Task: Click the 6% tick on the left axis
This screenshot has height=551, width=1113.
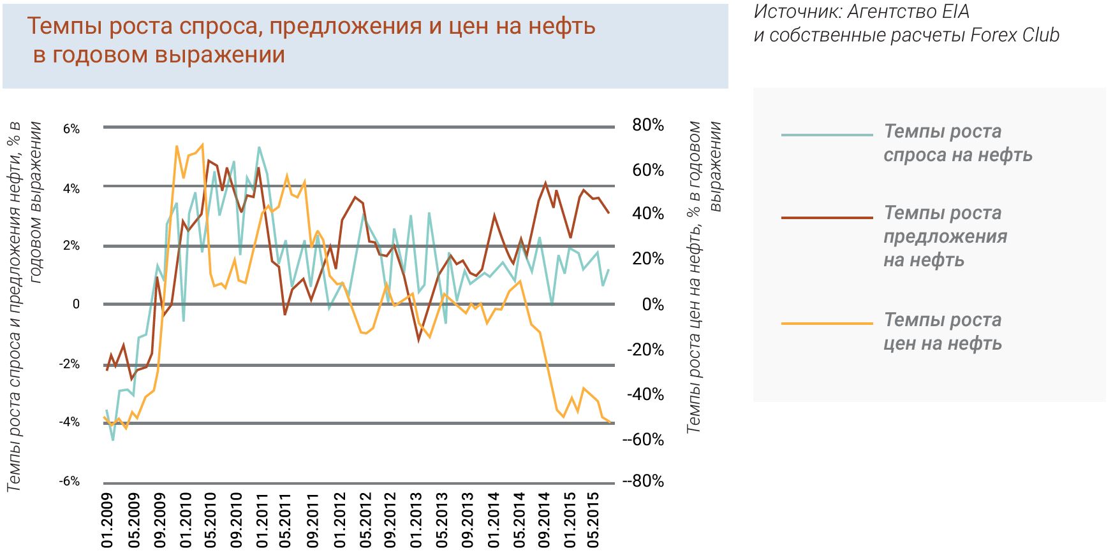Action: click(71, 129)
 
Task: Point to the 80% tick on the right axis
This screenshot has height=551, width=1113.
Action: click(647, 125)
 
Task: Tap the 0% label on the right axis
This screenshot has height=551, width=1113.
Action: click(652, 304)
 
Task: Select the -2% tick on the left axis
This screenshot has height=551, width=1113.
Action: click(70, 364)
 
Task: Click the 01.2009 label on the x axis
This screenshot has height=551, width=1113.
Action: click(107, 520)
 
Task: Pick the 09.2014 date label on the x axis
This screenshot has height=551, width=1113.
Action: click(543, 520)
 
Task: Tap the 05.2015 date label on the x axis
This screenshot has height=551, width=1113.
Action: click(595, 520)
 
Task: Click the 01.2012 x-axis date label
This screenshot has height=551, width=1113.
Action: click(339, 520)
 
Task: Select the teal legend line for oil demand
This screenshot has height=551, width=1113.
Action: click(827, 135)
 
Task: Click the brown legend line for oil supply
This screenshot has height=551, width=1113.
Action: click(827, 218)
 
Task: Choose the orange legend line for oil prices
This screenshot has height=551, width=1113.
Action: click(827, 324)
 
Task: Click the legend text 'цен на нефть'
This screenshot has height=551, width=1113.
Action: click(942, 344)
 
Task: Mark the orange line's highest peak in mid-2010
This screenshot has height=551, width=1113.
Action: click(202, 145)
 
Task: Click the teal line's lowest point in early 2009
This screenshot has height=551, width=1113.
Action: click(113, 440)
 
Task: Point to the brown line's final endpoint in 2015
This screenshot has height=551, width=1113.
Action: click(608, 213)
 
